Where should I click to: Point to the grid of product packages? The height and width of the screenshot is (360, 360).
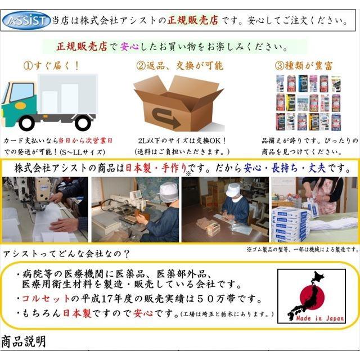[309, 102]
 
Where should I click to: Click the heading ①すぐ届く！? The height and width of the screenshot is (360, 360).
[51, 65]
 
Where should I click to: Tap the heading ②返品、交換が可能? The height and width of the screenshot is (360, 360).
[179, 65]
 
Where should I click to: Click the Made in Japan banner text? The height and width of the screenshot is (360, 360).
[319, 318]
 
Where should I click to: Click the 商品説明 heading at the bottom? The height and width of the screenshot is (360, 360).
[24, 341]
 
